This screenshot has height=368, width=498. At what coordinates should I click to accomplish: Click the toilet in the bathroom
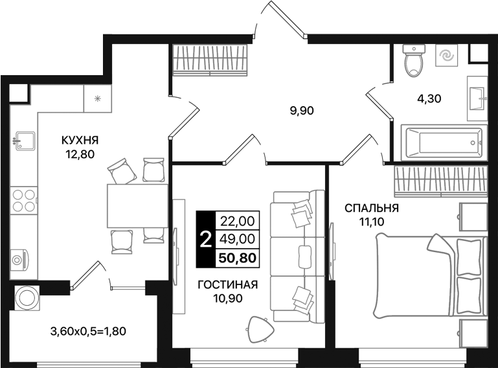click(x=414, y=60)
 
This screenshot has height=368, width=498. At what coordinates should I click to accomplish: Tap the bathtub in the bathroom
click(x=444, y=143)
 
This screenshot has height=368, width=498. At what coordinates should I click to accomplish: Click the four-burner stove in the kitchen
click(x=23, y=201)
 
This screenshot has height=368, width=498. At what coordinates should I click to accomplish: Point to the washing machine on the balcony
click(x=27, y=298)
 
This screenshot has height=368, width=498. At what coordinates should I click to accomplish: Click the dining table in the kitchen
click(x=137, y=205)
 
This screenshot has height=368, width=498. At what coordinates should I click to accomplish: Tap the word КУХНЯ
click(x=80, y=140)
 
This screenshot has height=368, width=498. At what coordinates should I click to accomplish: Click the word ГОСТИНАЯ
click(x=228, y=284)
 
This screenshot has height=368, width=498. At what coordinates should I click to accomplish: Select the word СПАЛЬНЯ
click(x=372, y=208)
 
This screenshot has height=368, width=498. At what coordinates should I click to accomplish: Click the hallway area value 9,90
click(x=302, y=111)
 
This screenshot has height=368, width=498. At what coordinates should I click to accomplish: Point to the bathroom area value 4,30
click(x=429, y=98)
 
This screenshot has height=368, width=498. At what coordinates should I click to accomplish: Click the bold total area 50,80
click(x=238, y=258)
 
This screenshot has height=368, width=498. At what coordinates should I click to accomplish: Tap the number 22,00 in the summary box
click(x=238, y=220)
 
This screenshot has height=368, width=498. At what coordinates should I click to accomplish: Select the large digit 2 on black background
click(x=205, y=240)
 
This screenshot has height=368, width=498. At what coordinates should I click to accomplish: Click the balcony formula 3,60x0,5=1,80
click(x=88, y=332)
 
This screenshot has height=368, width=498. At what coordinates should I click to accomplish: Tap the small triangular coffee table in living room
click(x=260, y=330)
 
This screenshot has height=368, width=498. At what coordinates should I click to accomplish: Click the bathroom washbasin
click(x=477, y=98)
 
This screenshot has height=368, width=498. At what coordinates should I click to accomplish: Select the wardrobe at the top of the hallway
click(x=210, y=60)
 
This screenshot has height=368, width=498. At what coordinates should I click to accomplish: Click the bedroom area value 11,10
click(x=372, y=222)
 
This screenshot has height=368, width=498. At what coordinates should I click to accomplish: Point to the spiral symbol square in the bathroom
click(x=447, y=56)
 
